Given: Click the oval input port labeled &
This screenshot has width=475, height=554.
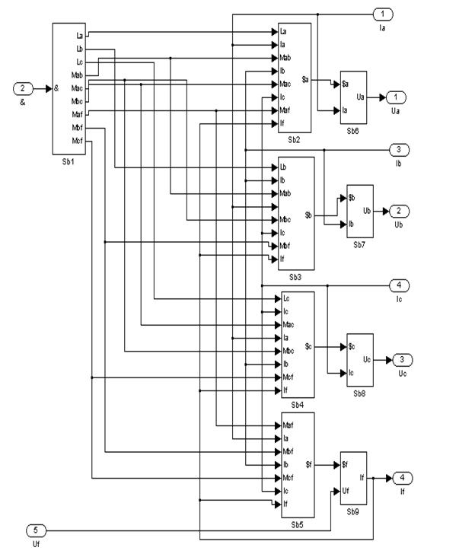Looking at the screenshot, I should coord(23,88).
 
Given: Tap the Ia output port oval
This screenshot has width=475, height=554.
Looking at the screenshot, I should coord(382,14).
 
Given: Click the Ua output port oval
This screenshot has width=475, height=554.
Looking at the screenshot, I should coord(397,97).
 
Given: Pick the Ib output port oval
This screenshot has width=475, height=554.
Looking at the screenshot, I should coord(400,150).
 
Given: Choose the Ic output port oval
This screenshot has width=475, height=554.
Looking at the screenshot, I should coord(400,285).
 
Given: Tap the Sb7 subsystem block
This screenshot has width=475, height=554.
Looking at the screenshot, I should coord(360,211).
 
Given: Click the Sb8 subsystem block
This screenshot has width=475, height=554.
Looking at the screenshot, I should coord(360,359).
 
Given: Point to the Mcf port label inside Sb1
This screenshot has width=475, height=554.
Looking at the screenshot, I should coord(77,141).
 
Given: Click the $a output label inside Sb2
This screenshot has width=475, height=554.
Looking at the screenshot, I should coord(304,78).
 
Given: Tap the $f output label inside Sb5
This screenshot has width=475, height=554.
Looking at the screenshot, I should coord(308,464).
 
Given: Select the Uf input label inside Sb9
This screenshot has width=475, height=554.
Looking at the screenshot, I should coord(346,491).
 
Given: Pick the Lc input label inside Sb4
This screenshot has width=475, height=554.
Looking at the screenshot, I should coord(285,298).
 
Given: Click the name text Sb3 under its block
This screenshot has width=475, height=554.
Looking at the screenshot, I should coord(295,276).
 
